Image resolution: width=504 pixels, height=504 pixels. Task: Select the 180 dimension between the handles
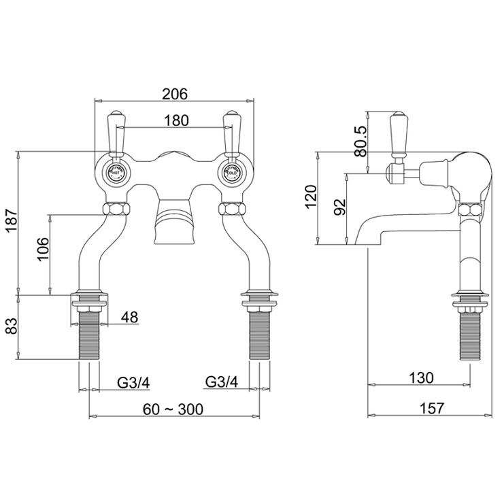[x=175, y=121]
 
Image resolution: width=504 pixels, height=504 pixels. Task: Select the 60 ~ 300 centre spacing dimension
[x=173, y=408]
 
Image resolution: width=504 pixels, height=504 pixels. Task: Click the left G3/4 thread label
[x=133, y=382]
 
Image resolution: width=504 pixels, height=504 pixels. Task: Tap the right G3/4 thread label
[x=222, y=382]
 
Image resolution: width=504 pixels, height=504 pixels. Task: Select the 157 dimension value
[x=430, y=408]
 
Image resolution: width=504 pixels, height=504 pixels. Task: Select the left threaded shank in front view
[x=90, y=334]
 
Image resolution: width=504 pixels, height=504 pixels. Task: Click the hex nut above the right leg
[x=231, y=208]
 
